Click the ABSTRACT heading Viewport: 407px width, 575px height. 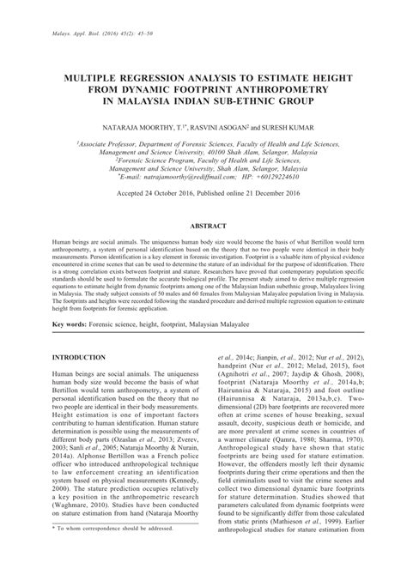(203, 223)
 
